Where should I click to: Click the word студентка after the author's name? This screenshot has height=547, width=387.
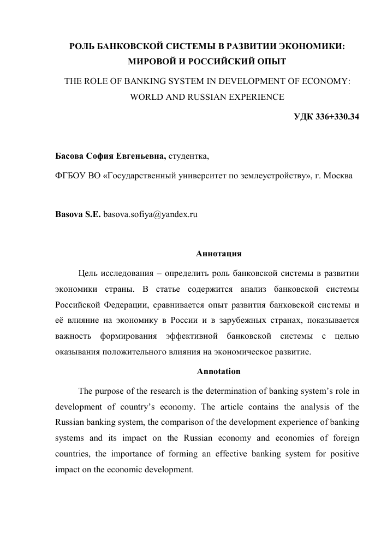point(188,157)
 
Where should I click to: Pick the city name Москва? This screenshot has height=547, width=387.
point(338,176)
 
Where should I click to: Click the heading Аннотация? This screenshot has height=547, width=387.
point(218,254)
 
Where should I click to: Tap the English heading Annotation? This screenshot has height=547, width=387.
point(218,371)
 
